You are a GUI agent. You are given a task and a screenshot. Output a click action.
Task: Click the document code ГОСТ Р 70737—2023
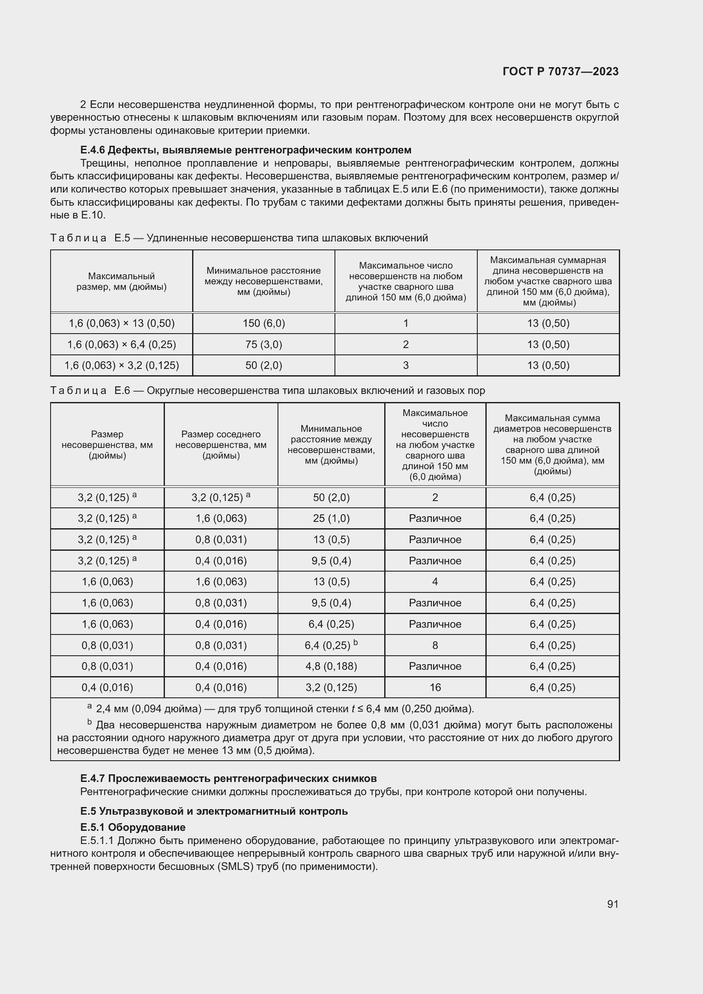tap(560, 71)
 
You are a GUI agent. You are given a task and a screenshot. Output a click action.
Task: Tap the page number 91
tap(612, 904)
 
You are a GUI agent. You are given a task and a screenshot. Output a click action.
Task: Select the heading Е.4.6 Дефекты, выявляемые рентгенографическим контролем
tap(245, 150)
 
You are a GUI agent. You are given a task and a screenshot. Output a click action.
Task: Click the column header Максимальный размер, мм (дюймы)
tap(121, 281)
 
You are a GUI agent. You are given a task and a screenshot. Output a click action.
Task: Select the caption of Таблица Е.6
tap(267, 391)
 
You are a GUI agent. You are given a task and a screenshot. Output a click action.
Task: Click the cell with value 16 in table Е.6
tap(435, 688)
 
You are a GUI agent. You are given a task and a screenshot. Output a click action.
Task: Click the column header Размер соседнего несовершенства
tap(221, 445)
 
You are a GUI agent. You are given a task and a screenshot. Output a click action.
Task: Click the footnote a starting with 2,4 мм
tap(284, 709)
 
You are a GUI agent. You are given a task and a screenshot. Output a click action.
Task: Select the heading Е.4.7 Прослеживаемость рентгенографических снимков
tap(228, 779)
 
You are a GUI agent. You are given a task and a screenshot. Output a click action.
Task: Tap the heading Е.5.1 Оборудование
tap(133, 827)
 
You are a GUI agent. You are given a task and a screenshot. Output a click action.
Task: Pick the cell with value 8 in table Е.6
tap(435, 645)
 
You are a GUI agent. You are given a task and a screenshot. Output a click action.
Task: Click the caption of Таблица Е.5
tap(239, 238)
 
